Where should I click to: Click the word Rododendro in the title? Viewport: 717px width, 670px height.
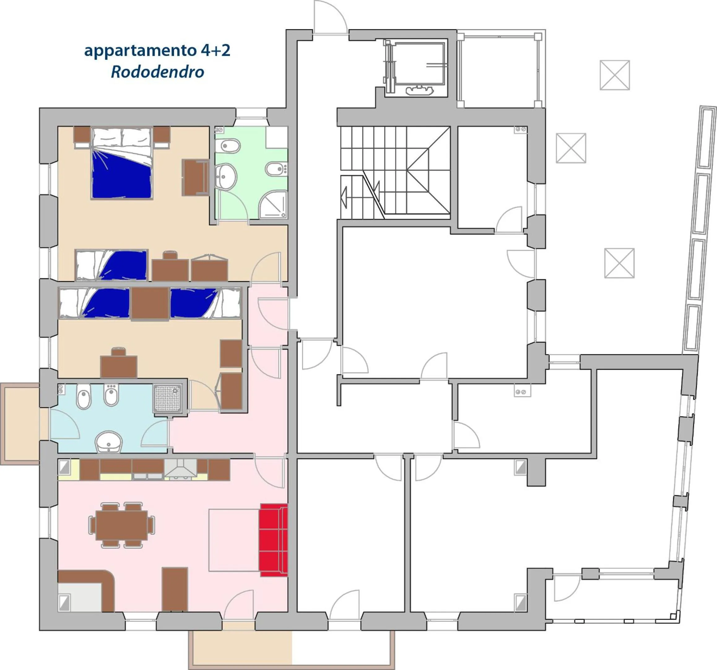tap(157, 72)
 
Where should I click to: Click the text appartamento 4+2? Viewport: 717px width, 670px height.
tap(157, 50)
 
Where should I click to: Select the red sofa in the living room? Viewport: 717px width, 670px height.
tap(273, 540)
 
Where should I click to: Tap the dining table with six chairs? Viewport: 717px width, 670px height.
tap(122, 525)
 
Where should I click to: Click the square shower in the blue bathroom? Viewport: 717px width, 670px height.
tap(167, 399)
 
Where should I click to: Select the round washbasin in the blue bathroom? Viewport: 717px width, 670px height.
tap(109, 441)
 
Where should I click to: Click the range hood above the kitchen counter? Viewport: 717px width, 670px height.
tap(181, 469)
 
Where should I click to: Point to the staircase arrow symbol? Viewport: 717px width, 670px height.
tap(344, 198)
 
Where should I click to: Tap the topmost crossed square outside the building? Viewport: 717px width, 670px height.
tap(615, 75)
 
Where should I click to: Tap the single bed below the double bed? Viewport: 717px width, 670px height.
tap(111, 265)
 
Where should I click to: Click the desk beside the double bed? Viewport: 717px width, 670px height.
tap(195, 178)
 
